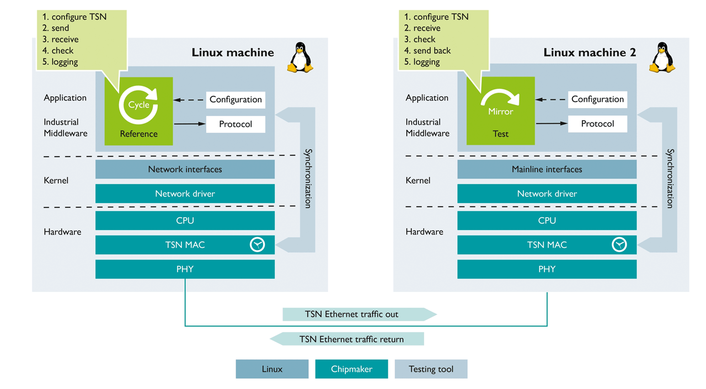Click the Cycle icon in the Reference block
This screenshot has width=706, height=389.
coord(138,104)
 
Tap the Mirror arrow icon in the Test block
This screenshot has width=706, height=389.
coord(500,100)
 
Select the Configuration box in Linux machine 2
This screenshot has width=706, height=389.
coord(597,99)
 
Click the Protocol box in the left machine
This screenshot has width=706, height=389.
coord(236,124)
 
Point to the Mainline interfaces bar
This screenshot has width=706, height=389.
coord(547,169)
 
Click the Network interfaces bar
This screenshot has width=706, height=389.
coord(185,169)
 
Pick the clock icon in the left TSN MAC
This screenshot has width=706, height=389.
coord(258,244)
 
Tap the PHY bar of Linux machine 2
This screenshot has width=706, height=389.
coord(547,269)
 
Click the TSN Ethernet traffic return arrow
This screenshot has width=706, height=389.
coord(347,339)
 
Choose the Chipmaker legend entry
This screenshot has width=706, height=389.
coord(351,369)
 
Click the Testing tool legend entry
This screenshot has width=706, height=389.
coord(431,369)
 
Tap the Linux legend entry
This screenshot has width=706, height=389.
coord(272,369)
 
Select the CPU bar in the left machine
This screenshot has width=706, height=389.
coord(185,221)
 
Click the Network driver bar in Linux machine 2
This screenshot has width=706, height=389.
coord(547,194)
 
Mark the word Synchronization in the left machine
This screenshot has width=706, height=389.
coord(308,178)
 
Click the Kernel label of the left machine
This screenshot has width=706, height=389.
coord(56,180)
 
